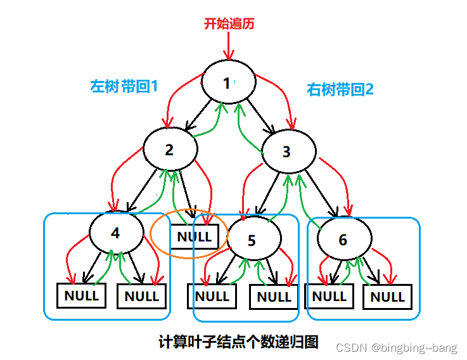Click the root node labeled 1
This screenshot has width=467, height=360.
(x=228, y=82)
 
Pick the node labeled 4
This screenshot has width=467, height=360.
(x=116, y=233)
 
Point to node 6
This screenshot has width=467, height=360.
(x=343, y=240)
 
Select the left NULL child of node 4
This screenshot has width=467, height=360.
(x=82, y=295)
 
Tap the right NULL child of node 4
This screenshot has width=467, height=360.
(x=142, y=296)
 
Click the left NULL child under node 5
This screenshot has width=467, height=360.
(x=212, y=296)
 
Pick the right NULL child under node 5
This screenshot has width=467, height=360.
(x=274, y=297)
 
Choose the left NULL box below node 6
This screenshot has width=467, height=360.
(x=329, y=296)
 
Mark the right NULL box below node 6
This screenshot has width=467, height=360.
(x=387, y=297)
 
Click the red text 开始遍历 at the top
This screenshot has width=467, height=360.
(x=229, y=23)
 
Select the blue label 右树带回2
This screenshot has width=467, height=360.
(x=340, y=89)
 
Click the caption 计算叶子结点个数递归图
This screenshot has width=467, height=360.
(x=238, y=342)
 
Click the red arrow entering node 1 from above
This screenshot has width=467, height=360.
(x=229, y=46)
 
